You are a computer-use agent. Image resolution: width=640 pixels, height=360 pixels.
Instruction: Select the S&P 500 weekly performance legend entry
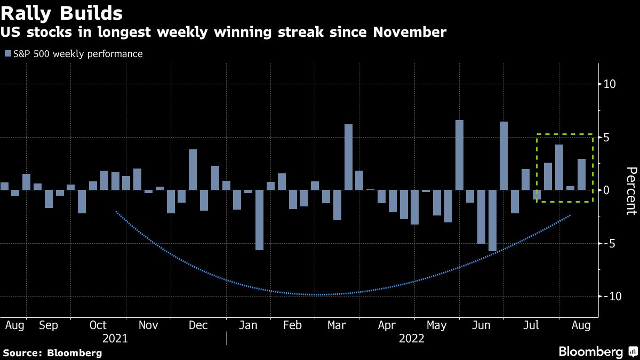point(73,54)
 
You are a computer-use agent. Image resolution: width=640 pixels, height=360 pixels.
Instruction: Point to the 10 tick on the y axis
point(609,84)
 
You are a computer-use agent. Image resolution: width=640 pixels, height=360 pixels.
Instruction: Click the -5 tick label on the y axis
point(609,244)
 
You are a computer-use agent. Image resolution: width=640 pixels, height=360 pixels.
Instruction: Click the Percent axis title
point(631,190)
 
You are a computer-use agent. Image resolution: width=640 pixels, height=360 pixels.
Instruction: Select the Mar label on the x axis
point(336,325)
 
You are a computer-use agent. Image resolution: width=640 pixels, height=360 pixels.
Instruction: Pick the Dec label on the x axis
point(198,325)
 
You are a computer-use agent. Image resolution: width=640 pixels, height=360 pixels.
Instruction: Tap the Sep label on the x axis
point(49,325)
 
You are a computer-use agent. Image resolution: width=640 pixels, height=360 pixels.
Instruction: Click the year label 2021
point(115,339)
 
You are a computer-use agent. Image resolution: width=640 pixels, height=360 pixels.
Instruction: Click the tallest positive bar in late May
point(459,155)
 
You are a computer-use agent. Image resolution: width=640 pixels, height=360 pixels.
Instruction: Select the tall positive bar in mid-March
point(348,157)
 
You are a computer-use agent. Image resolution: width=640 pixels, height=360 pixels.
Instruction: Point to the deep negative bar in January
point(260,220)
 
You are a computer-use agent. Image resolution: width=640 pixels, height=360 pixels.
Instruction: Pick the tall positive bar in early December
point(193,170)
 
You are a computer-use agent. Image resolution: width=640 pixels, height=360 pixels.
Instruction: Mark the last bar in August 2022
point(581,174)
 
